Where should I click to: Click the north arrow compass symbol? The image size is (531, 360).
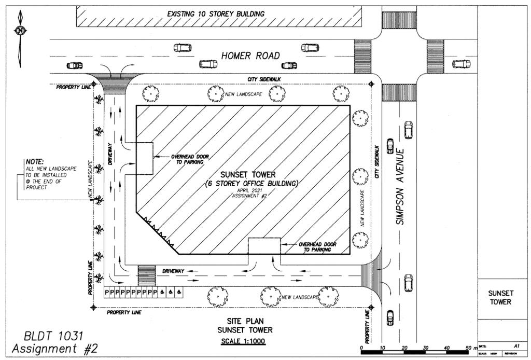click(x=20, y=31)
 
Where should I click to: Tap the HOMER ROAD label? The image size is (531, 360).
click(x=250, y=56)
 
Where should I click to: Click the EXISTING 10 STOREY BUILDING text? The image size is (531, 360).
click(x=216, y=13)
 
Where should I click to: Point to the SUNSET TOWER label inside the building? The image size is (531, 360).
click(x=248, y=174)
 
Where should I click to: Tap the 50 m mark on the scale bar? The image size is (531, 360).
click(x=468, y=347)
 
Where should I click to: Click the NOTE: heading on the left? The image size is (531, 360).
click(x=35, y=162)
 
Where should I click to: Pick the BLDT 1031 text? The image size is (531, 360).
click(x=47, y=336)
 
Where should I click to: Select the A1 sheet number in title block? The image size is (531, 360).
click(x=516, y=344)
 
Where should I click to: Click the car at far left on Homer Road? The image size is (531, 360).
click(x=75, y=66)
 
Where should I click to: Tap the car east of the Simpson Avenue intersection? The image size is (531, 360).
click(x=460, y=64)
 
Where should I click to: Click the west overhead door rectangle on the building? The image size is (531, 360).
click(x=145, y=158)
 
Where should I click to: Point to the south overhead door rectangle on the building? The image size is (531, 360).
click(x=264, y=246)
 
